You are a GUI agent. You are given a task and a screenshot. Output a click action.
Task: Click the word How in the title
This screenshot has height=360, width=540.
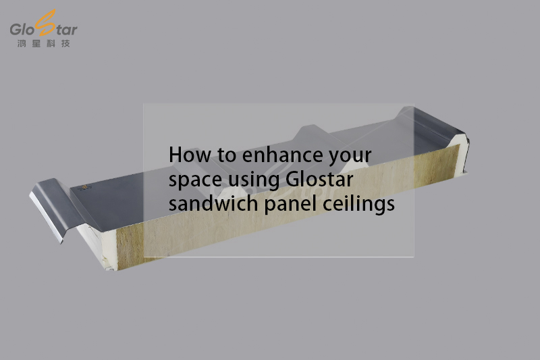coord(190,155)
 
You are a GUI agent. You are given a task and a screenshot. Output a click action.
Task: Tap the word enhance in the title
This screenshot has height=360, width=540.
coord(283,155)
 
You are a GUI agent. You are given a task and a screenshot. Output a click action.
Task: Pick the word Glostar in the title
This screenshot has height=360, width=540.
coord(319,179)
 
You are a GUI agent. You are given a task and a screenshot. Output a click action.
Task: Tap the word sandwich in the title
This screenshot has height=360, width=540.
coord(213,203)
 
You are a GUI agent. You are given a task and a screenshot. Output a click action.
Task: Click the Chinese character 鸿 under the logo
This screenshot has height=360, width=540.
coord(22,43)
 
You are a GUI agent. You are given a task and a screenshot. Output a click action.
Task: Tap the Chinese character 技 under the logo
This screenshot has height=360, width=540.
coord(65,43)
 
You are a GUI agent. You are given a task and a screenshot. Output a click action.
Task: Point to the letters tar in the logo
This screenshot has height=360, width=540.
coord(66,30)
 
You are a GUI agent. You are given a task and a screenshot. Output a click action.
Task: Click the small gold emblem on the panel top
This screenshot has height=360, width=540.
coord(84,187)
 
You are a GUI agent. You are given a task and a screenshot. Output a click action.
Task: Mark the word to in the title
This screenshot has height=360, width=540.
coord(226,156)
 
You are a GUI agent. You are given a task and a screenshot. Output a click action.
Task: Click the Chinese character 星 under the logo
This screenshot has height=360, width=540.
coord(36,43)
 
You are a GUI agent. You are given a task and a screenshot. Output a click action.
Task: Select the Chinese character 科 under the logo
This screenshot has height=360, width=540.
coord(51,43)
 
